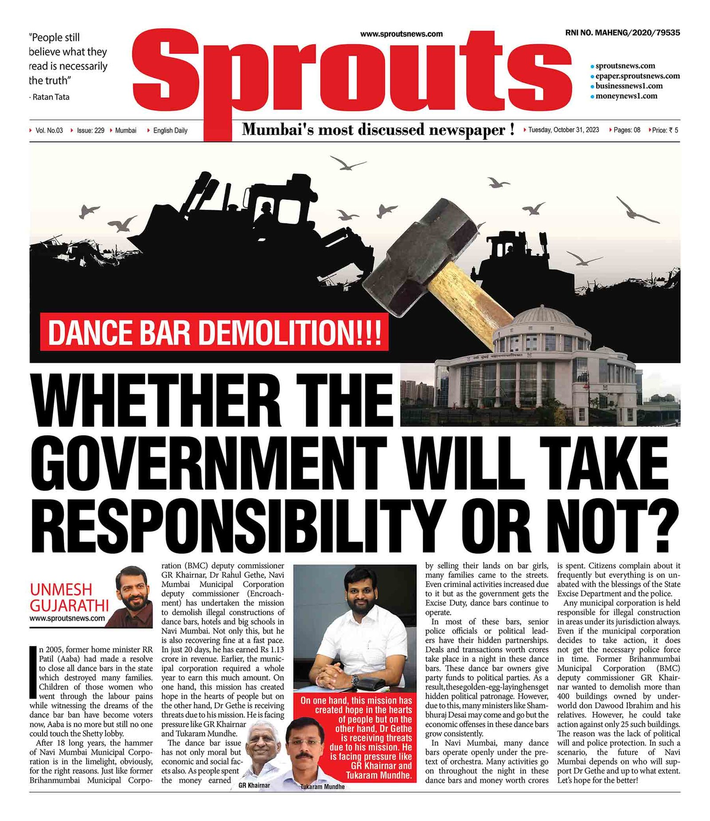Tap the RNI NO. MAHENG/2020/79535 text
(622, 33)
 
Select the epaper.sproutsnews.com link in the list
(637, 76)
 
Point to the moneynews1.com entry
(626, 96)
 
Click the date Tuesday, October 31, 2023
(563, 130)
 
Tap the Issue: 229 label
(91, 130)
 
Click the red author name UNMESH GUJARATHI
(69, 597)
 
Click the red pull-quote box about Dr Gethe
(356, 738)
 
